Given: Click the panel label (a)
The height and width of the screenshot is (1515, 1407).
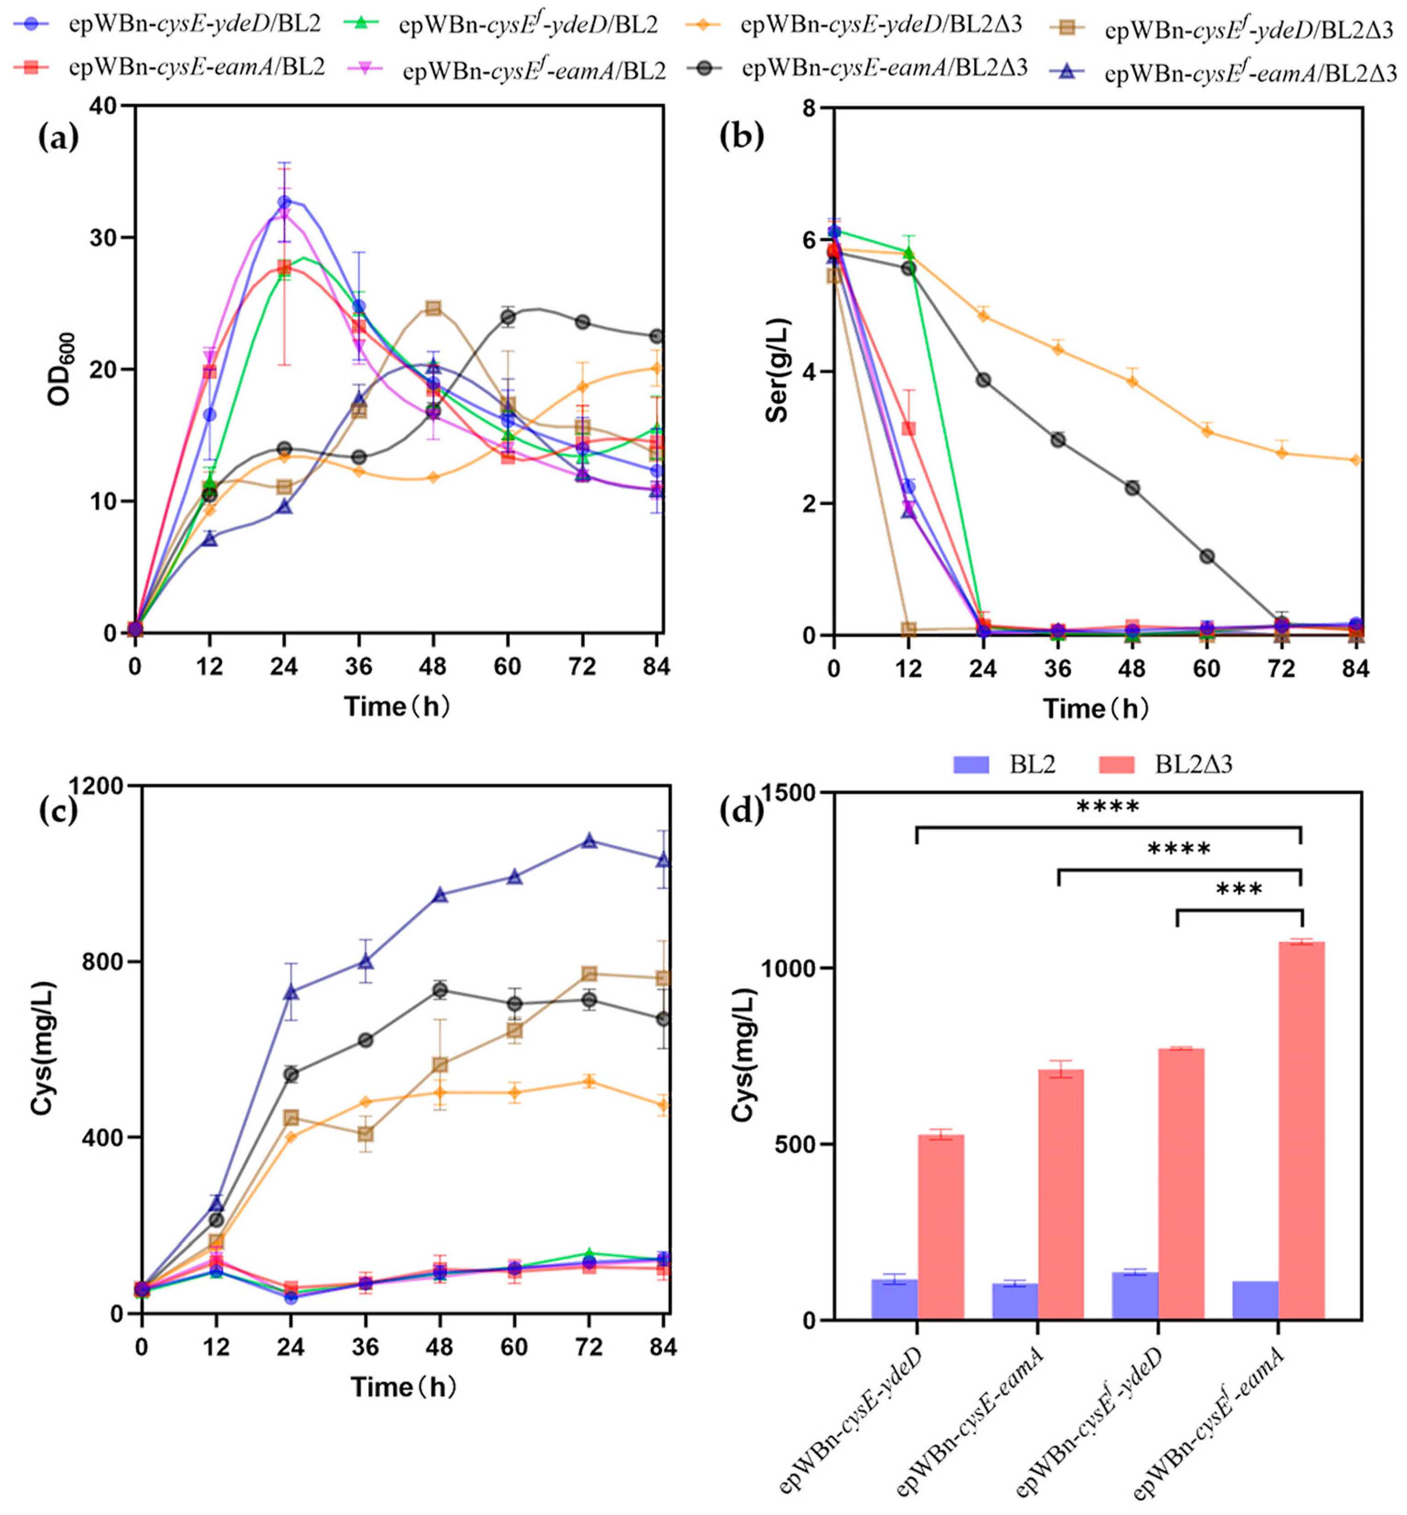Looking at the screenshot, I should (58, 138).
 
